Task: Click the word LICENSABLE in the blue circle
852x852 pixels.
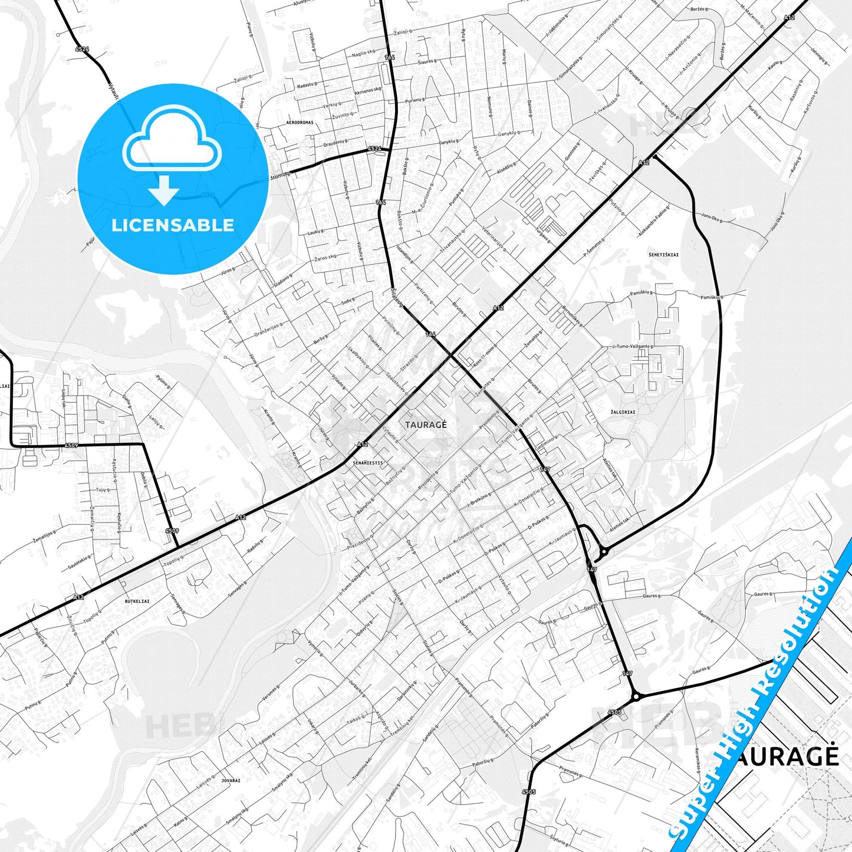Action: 173,225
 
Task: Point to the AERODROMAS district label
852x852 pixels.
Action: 300,123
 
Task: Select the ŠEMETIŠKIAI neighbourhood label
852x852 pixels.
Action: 663,255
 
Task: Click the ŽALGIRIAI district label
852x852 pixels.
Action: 623,412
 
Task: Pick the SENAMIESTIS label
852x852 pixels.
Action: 368,463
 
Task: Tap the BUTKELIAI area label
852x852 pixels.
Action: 137,601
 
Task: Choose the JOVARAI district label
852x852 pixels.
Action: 231,780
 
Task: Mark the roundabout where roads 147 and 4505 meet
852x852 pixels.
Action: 636,697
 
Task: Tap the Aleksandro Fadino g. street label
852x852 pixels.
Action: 654,221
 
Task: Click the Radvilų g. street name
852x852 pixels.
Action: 254,547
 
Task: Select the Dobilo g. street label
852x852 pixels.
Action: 144,480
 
